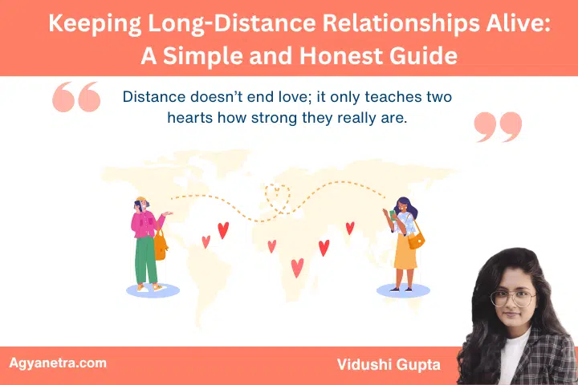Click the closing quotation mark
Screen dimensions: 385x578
(498, 127)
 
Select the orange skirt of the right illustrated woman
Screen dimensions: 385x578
(405, 252)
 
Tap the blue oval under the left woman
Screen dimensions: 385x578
(153, 290)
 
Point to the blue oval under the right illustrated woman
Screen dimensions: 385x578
(404, 291)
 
